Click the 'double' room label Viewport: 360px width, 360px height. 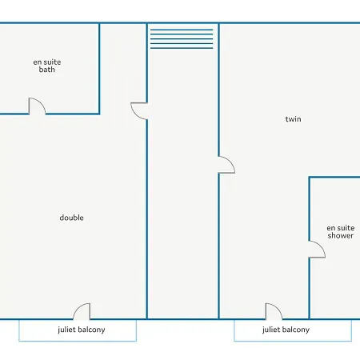[71, 218]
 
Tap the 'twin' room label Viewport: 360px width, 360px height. [293, 119]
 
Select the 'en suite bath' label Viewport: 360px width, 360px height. [47, 66]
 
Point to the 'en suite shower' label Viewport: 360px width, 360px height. [341, 232]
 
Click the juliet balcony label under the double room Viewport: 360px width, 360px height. [82, 330]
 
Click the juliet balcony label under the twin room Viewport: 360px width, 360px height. [286, 330]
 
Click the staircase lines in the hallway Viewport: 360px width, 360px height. [182, 39]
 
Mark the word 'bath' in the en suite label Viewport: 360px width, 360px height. [47, 70]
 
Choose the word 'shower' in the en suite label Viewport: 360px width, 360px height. [341, 235]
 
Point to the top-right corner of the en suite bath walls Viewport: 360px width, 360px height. [99, 23]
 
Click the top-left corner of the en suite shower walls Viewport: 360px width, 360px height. [310, 177]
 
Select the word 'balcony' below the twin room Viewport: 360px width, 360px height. [295, 330]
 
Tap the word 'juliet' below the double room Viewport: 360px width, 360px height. [66, 330]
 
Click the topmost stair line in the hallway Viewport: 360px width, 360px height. [182, 30]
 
